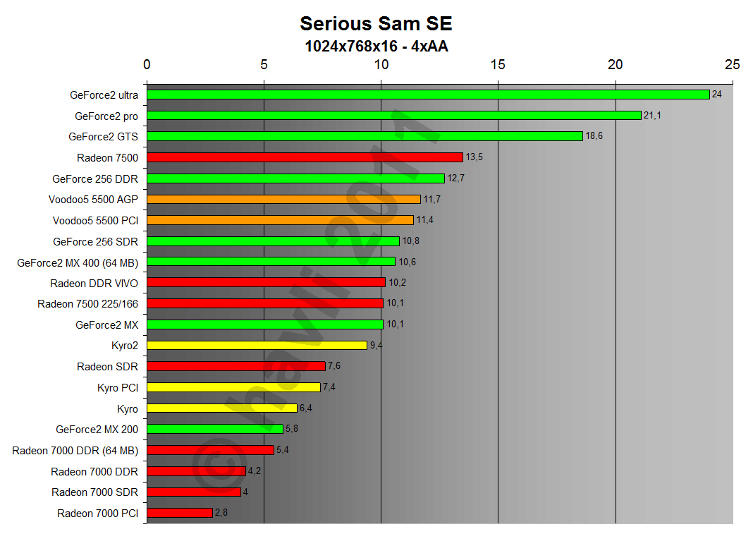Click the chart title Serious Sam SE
click(376, 23)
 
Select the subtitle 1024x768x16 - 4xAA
click(376, 47)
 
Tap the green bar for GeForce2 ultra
click(427, 95)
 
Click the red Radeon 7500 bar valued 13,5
click(305, 157)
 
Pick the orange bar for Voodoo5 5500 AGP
click(283, 200)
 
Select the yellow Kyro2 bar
click(257, 346)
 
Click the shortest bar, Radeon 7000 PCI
click(180, 513)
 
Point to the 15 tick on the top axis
click(498, 64)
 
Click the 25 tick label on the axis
click(732, 64)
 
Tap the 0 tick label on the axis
click(147, 64)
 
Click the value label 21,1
click(652, 115)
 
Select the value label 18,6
click(594, 136)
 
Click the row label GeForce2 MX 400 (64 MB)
click(78, 263)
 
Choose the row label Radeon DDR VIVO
click(94, 284)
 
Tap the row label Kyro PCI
click(118, 388)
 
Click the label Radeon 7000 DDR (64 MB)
click(75, 450)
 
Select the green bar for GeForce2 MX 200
click(214, 429)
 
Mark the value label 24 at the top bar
click(716, 94)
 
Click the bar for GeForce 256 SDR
click(273, 241)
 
